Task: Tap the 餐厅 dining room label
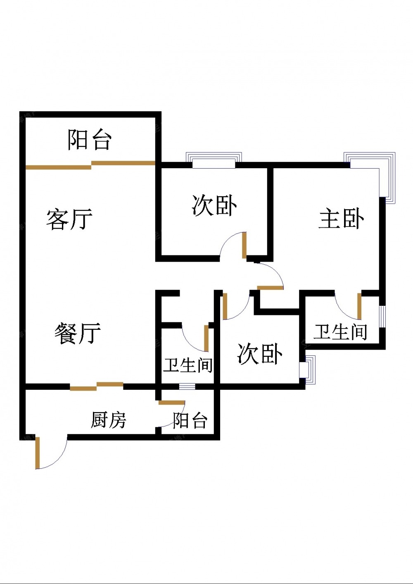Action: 78,333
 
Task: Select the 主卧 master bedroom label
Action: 341,219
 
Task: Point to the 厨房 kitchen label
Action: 108,420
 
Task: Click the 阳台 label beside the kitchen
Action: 190,420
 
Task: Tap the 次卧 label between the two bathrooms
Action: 260,354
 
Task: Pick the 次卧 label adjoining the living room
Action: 214,205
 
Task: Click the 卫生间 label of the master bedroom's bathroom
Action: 340,332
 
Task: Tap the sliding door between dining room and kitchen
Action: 96,386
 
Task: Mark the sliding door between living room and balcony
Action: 91,165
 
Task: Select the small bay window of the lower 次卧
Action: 307,370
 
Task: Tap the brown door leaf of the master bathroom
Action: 359,306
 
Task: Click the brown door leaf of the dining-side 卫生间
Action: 206,338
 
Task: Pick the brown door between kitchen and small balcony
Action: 171,403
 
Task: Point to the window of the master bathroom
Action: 382,317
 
